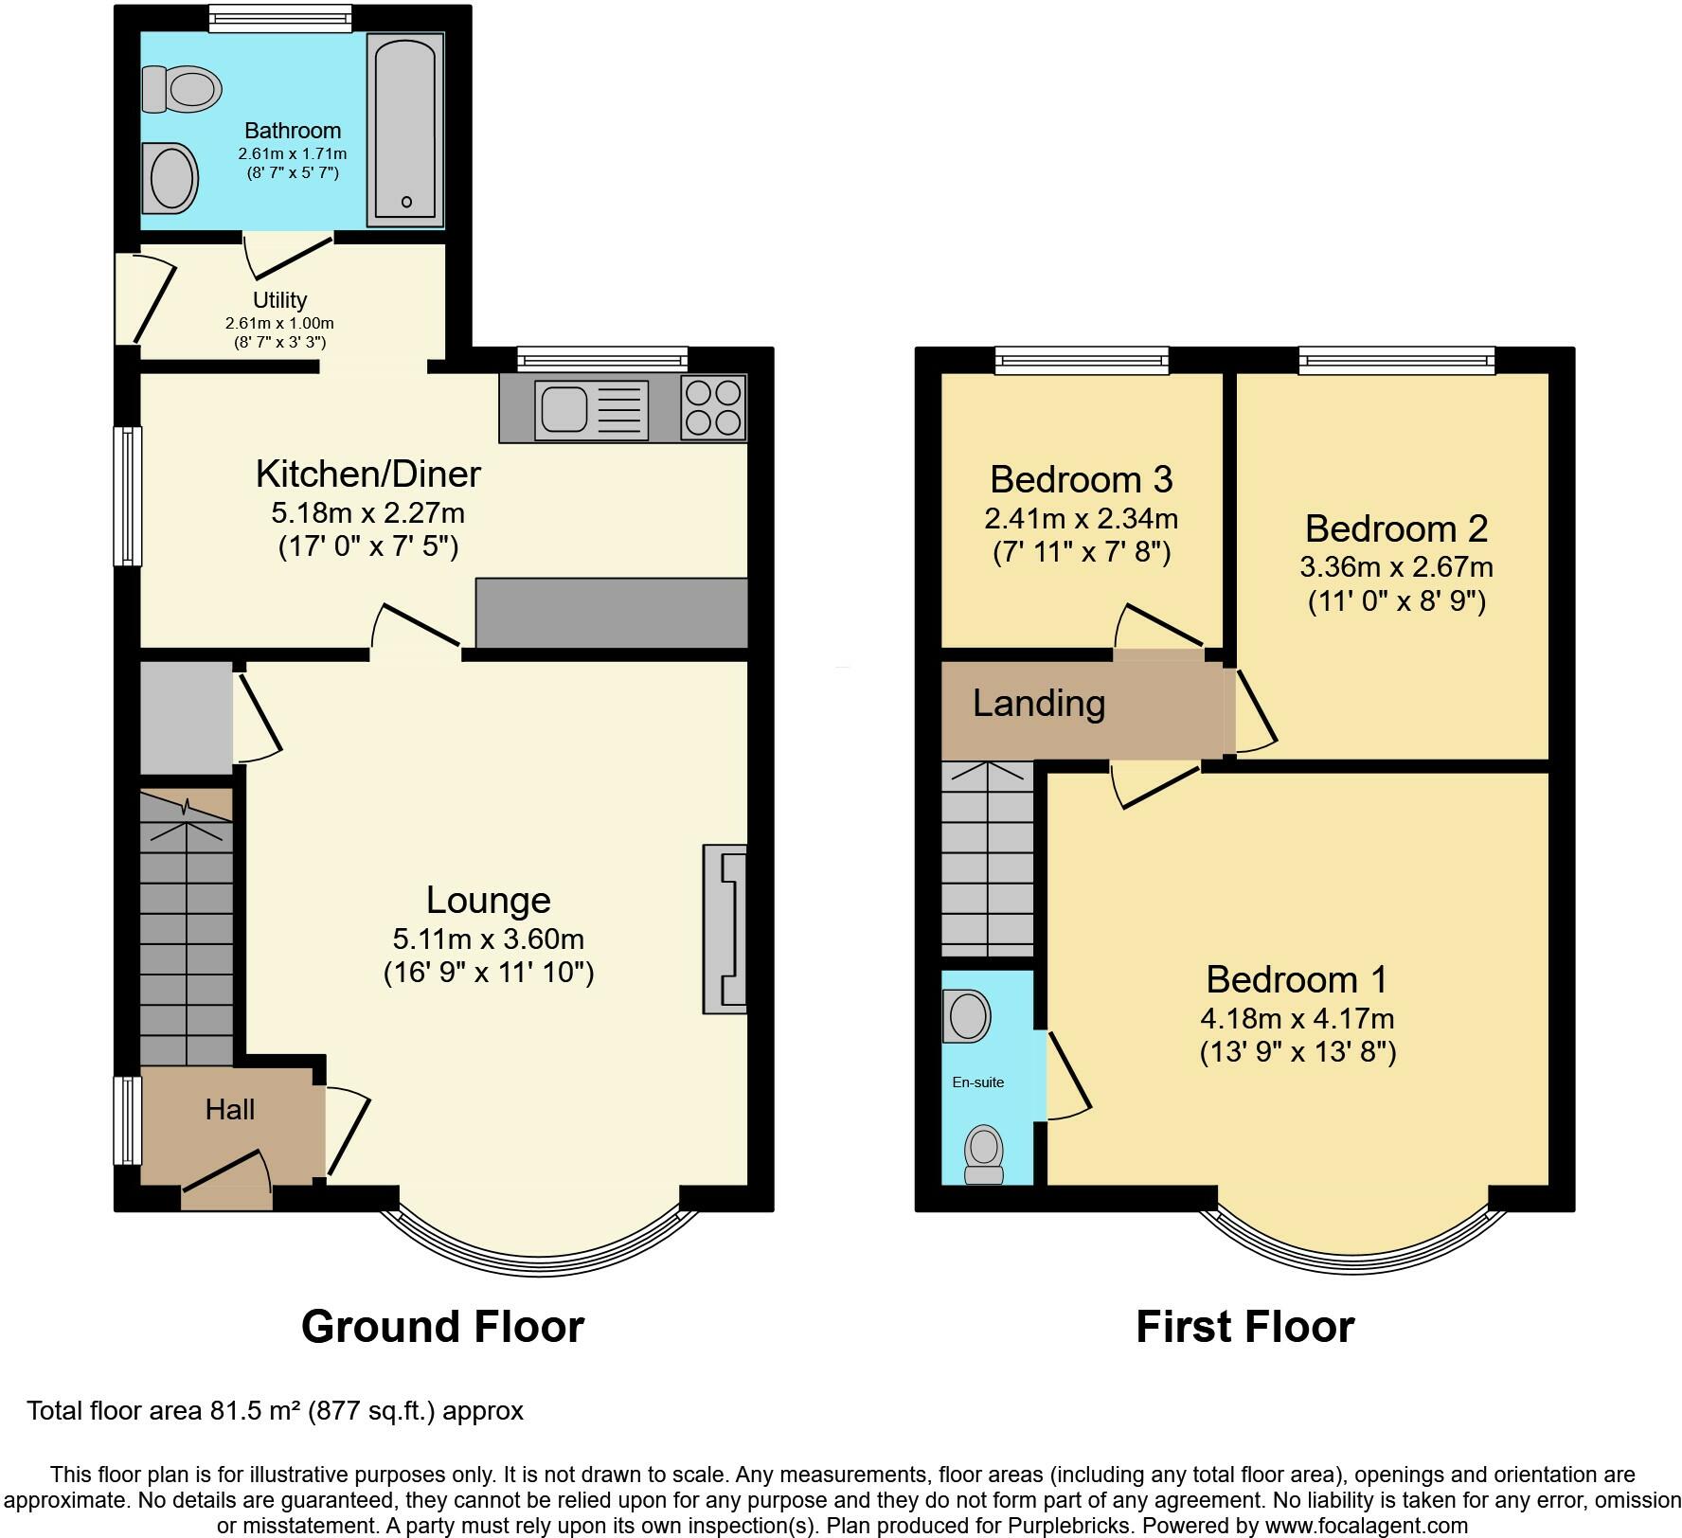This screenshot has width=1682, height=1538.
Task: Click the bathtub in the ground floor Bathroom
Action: (x=405, y=130)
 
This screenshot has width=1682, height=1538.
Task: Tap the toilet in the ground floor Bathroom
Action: (x=182, y=90)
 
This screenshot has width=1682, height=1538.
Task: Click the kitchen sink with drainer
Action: (x=591, y=409)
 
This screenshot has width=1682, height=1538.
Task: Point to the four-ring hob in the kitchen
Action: (x=713, y=407)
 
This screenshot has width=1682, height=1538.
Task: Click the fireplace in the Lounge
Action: (x=725, y=929)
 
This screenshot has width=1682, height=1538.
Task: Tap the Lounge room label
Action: (x=488, y=900)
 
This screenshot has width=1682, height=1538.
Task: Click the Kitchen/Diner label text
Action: (x=368, y=474)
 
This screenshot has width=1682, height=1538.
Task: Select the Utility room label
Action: (x=279, y=300)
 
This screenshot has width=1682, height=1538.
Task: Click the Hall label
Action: (x=230, y=1109)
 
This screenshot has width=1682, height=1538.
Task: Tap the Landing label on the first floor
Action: (x=1039, y=704)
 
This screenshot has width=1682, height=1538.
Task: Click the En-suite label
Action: (x=977, y=1082)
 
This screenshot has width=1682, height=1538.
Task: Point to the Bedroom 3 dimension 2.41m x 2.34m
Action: (x=1082, y=519)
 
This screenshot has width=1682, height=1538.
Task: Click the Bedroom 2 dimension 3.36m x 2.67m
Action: (x=1396, y=567)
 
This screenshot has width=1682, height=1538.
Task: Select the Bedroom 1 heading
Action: (x=1297, y=979)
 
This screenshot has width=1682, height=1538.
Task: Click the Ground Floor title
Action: (x=442, y=1327)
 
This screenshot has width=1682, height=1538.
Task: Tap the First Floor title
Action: (x=1244, y=1327)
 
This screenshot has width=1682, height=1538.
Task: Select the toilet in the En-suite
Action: (x=984, y=1154)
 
